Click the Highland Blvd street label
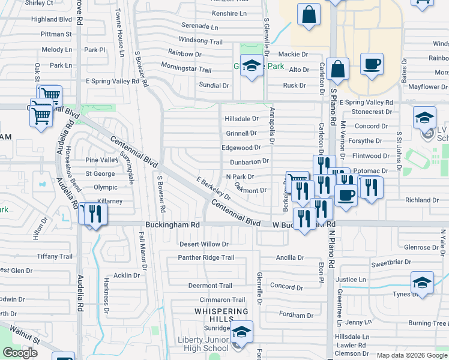pyautogui.click(x=52, y=19)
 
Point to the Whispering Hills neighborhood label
pyautogui.click(x=221, y=316)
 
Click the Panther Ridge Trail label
pyautogui.click(x=206, y=257)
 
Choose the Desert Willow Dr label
pyautogui.click(x=204, y=244)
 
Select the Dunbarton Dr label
pyautogui.click(x=249, y=161)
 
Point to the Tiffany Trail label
pyautogui.click(x=55, y=256)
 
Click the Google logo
pyautogui.click(x=20, y=353)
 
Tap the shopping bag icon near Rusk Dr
pyautogui.click(x=339, y=70)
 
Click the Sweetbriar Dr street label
pyautogui.click(x=391, y=263)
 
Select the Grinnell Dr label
pyautogui.click(x=241, y=133)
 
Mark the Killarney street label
pyautogui.click(x=108, y=201)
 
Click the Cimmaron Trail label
pyautogui.click(x=223, y=299)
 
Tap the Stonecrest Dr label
pyautogui.click(x=372, y=112)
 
